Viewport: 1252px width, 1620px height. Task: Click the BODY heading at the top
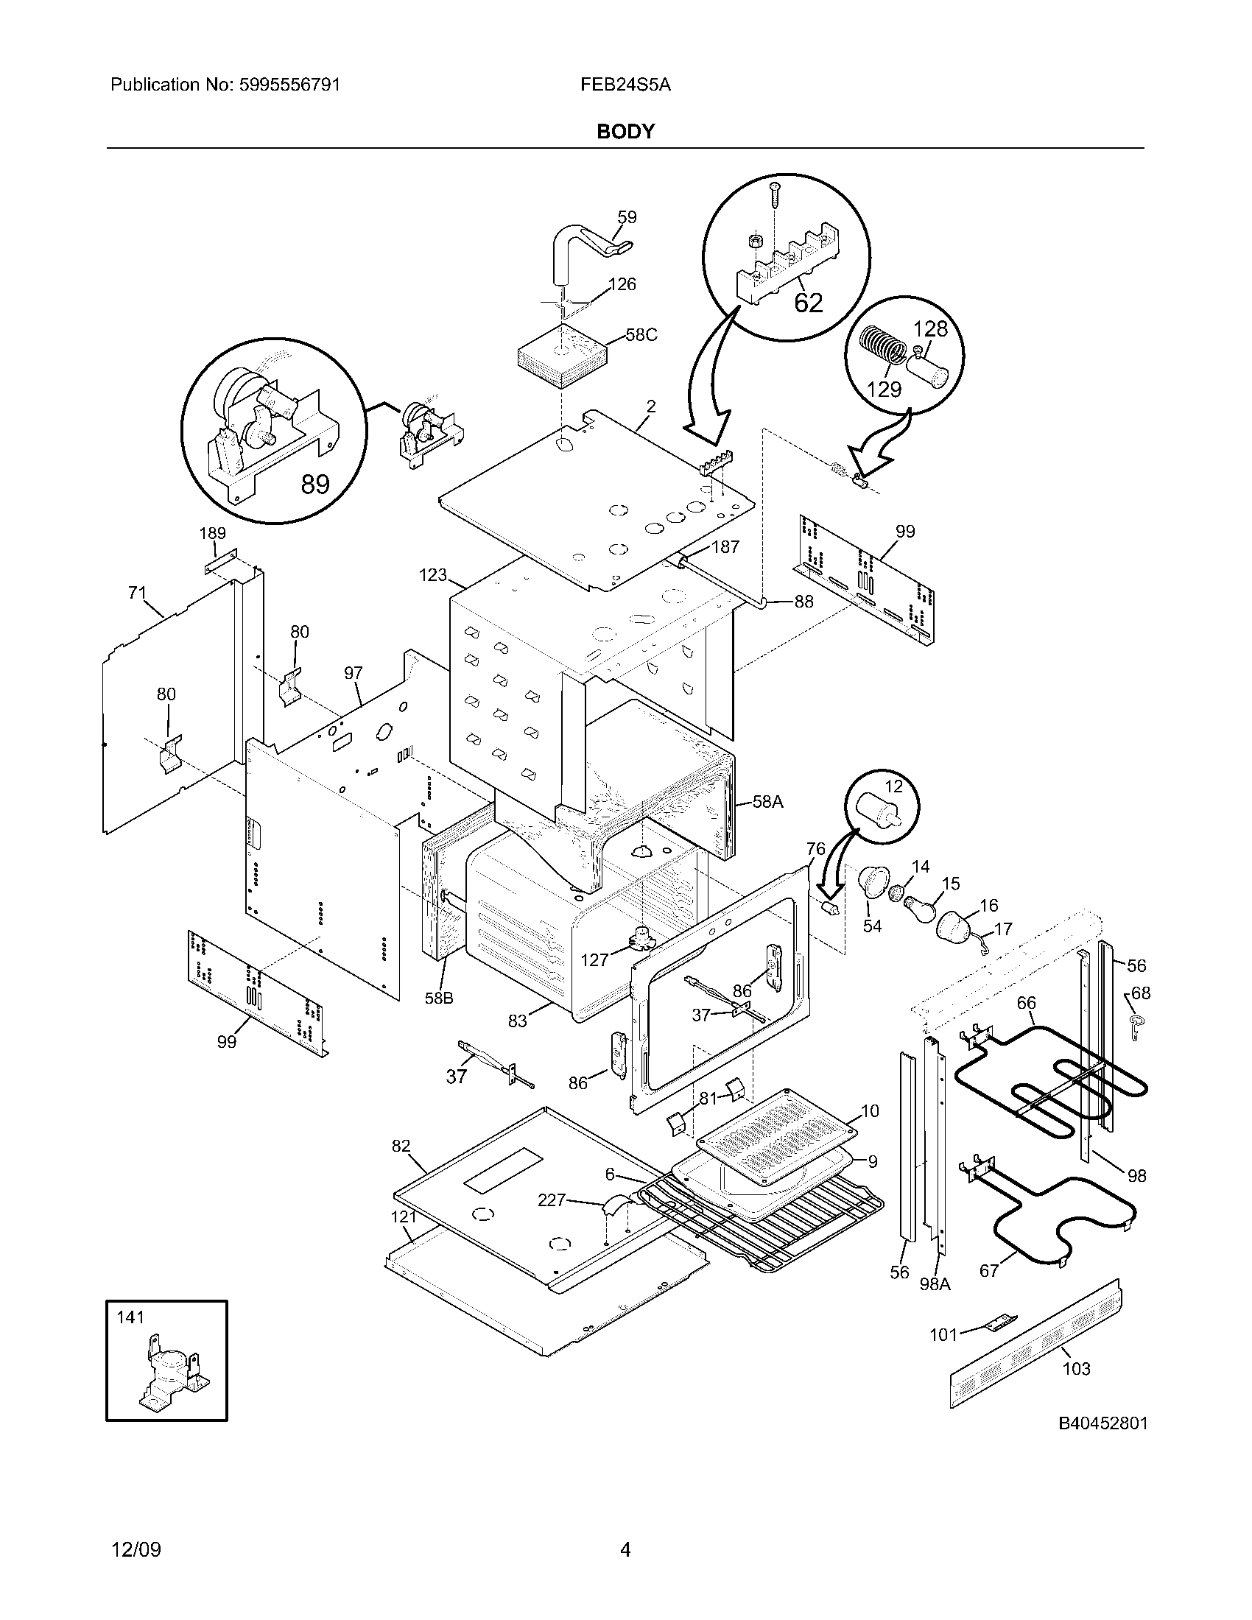pyautogui.click(x=625, y=132)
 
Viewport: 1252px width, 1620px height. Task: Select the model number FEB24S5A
pyautogui.click(x=625, y=85)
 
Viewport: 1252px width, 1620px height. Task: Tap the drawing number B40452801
pyautogui.click(x=1102, y=1423)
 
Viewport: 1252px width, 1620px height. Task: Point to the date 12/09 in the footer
pyautogui.click(x=136, y=1549)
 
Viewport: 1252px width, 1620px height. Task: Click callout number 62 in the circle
pyautogui.click(x=808, y=303)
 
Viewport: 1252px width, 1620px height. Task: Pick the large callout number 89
pyautogui.click(x=315, y=485)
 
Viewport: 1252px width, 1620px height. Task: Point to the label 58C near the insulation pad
pyautogui.click(x=641, y=334)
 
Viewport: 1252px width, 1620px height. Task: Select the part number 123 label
pyautogui.click(x=432, y=575)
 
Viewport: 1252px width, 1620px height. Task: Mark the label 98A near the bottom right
pyautogui.click(x=935, y=1284)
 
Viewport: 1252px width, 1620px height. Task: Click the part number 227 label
pyautogui.click(x=552, y=1200)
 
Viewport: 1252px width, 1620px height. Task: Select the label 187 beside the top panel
pyautogui.click(x=725, y=546)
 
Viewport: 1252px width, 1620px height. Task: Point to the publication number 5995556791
pyautogui.click(x=289, y=85)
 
